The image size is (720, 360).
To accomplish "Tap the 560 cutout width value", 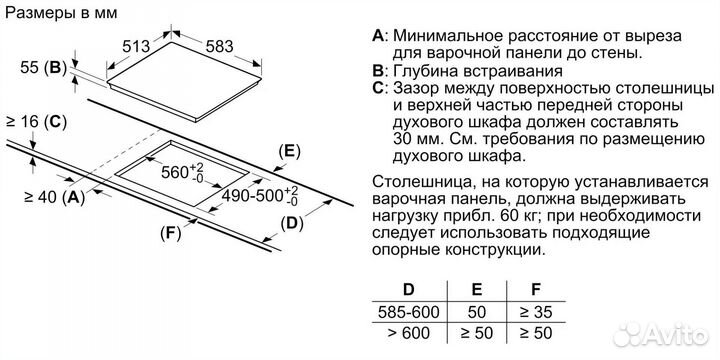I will (x=183, y=171).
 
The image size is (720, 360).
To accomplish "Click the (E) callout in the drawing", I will (x=288, y=152).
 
